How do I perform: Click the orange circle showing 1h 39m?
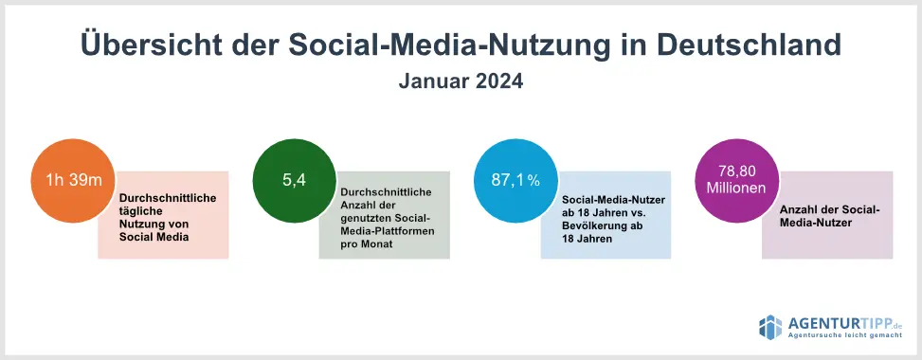coord(73,181)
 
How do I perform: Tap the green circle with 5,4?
coord(295,181)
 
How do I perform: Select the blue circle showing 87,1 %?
coord(515,181)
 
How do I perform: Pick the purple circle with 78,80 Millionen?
coord(737,181)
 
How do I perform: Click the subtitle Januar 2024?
coord(461,81)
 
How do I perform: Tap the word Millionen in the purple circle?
coord(736,189)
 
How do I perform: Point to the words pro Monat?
coord(367,243)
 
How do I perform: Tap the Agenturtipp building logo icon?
coord(770,328)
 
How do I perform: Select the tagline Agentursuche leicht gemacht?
coord(845,335)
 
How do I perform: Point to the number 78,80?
coord(736,171)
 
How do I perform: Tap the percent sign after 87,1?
coord(533,181)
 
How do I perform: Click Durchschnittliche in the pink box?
coord(168,198)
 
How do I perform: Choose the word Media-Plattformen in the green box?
coord(388,231)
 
